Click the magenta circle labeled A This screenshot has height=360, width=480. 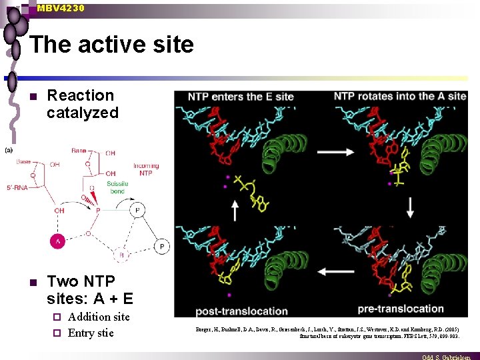click(59, 241)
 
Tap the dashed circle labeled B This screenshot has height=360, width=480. click(121, 253)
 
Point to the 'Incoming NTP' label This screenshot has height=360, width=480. click(145, 169)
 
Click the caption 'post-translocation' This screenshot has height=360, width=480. click(241, 311)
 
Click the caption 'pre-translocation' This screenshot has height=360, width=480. click(401, 309)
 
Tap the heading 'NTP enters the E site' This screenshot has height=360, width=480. click(241, 97)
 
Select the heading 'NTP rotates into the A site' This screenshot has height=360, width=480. click(400, 97)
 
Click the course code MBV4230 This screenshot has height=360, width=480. click(61, 7)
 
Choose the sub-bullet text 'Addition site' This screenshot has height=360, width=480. click(99, 317)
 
